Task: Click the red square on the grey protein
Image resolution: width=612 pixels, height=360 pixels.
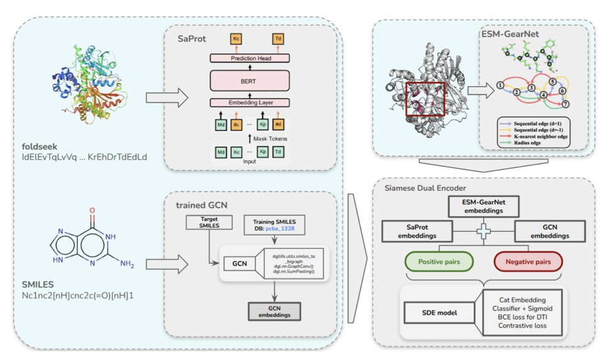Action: [x=424, y=99]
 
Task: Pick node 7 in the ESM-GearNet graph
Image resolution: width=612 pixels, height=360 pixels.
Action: [x=565, y=103]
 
